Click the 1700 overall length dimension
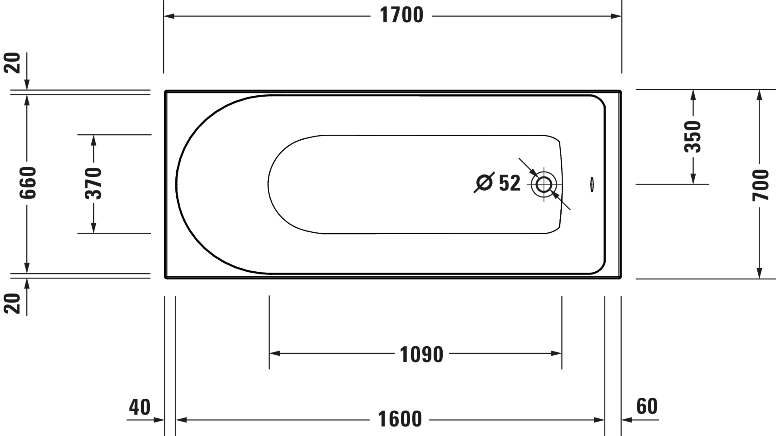tap(401, 15)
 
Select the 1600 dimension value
tap(399, 419)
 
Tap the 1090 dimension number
tap(421, 354)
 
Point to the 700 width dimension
tap(760, 185)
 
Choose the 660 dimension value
tap(28, 182)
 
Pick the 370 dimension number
tap(93, 183)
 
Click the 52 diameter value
tap(510, 183)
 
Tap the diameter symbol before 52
tap(484, 182)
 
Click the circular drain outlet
tap(544, 184)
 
